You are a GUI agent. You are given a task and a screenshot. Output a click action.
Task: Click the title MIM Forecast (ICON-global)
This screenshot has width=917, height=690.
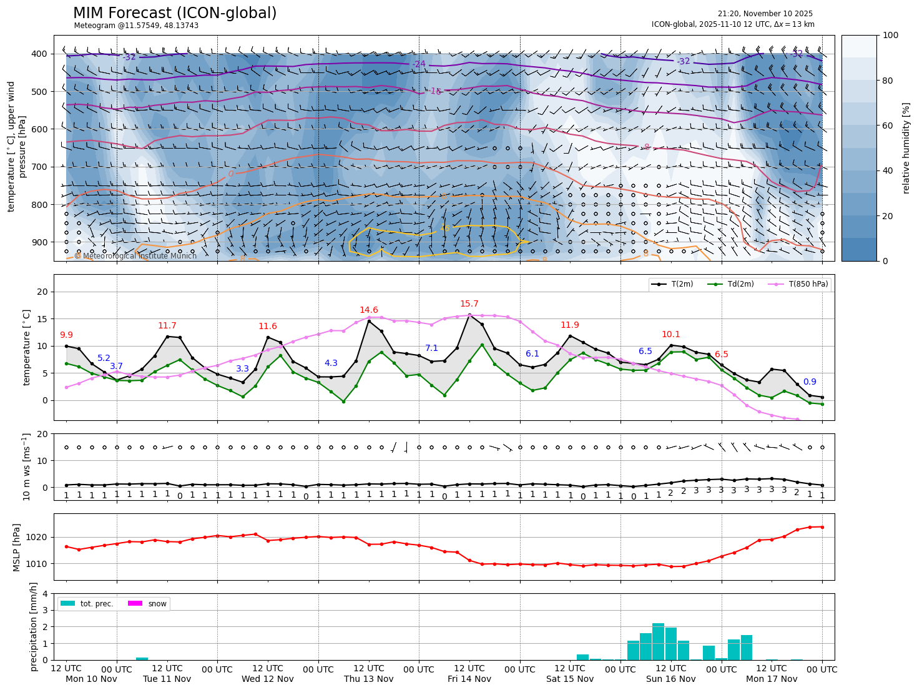tap(175, 13)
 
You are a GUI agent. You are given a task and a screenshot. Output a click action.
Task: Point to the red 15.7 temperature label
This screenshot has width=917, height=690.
tap(469, 304)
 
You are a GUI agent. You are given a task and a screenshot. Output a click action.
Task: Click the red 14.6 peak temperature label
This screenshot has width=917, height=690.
tap(368, 310)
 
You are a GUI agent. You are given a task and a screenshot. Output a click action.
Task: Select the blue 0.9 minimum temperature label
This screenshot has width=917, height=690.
tap(810, 382)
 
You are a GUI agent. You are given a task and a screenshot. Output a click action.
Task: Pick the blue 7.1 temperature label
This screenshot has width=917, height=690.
tap(431, 348)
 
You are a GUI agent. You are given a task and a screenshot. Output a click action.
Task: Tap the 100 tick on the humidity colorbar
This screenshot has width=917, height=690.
tap(891, 36)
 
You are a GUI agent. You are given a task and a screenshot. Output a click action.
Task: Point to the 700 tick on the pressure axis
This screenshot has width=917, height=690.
tap(39, 167)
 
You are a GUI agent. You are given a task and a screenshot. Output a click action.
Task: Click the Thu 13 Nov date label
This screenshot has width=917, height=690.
tap(368, 679)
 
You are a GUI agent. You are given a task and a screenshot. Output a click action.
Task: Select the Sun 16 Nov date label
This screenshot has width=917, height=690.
tap(670, 679)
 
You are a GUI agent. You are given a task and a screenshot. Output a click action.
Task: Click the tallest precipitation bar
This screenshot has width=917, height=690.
tap(658, 641)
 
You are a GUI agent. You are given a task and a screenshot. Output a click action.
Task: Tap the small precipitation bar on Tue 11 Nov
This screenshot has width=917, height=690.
tap(142, 658)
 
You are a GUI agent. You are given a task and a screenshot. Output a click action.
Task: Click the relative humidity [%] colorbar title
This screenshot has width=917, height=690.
tap(906, 148)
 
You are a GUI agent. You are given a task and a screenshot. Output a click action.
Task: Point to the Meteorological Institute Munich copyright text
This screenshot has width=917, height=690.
tap(135, 256)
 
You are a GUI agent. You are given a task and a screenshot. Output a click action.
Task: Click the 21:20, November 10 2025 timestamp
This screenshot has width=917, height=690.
tap(765, 14)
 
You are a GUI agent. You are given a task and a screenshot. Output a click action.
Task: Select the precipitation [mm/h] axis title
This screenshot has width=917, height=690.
tap(34, 626)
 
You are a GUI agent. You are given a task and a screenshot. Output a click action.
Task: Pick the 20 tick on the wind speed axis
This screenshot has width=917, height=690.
tap(44, 434)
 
